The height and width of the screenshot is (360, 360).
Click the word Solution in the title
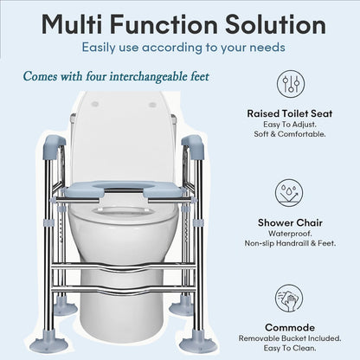276,24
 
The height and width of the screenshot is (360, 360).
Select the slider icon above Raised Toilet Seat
290,84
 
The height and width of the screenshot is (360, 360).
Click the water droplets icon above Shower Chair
289,193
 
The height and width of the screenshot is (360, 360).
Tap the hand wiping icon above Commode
289,298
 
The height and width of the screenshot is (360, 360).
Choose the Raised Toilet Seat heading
290,113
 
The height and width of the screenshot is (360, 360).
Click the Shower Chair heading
290,222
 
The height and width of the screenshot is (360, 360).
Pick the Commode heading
290,327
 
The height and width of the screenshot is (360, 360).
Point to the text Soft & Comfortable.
290,134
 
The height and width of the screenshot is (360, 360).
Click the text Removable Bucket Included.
290,338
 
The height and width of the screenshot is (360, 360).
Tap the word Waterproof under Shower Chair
290,234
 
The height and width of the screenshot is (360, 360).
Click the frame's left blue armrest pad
54,146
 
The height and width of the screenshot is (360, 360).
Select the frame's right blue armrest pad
193,146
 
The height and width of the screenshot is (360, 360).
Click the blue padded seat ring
125,189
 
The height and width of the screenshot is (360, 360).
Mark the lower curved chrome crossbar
124,289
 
